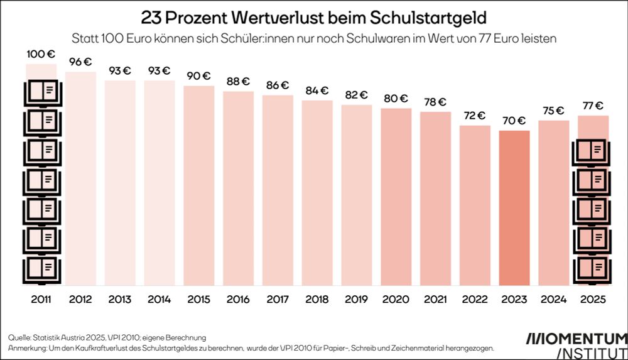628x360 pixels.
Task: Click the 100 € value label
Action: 41,54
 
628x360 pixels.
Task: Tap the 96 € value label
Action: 81,62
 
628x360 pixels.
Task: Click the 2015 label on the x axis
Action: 199,299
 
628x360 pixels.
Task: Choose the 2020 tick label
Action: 396,299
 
